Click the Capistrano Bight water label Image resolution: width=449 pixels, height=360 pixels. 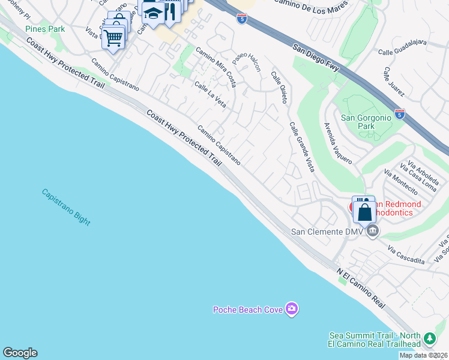[66, 207]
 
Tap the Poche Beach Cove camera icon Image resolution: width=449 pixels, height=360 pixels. [292, 309]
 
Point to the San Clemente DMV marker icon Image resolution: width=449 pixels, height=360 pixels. [373, 231]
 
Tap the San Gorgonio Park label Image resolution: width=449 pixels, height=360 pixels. [366, 122]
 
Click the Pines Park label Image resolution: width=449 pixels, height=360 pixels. [45, 28]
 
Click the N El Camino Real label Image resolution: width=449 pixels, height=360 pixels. [360, 289]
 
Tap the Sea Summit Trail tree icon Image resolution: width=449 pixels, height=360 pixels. [429, 339]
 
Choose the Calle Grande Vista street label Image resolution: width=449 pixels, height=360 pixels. [302, 147]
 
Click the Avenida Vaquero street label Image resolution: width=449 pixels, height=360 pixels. [337, 144]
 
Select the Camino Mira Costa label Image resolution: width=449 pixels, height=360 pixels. [216, 67]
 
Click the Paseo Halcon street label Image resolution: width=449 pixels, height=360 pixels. [247, 60]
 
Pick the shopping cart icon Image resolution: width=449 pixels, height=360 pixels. [112, 38]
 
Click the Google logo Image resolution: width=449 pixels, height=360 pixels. [20, 353]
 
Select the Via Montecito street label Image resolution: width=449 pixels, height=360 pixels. [400, 182]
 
